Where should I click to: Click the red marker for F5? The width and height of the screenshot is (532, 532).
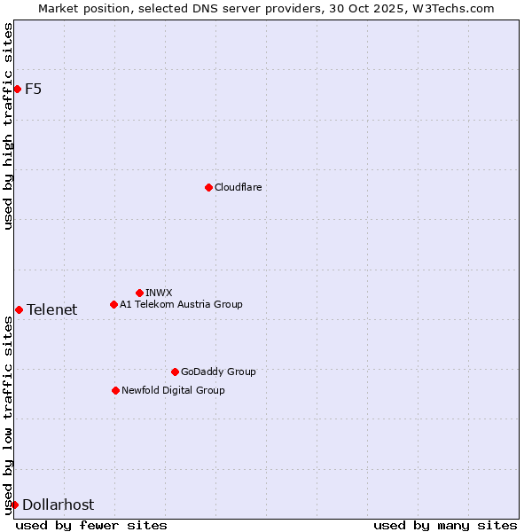pyautogui.click(x=17, y=89)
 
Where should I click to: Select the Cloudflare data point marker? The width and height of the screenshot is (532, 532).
pyautogui.click(x=208, y=187)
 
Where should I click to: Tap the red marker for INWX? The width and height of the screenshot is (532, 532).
pyautogui.click(x=139, y=293)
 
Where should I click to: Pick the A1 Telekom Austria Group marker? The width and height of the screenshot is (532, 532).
pyautogui.click(x=113, y=304)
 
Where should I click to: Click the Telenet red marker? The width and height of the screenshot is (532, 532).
pyautogui.click(x=19, y=309)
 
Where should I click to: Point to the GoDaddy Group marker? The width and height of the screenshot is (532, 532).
pyautogui.click(x=175, y=372)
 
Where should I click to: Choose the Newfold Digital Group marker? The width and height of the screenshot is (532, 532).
pyautogui.click(x=115, y=390)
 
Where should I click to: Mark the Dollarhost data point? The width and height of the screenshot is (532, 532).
pyautogui.click(x=14, y=505)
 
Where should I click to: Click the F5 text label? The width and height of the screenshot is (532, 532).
pyautogui.click(x=33, y=89)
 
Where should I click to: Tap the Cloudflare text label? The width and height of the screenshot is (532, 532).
pyautogui.click(x=238, y=187)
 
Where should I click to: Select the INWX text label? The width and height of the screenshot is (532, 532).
pyautogui.click(x=159, y=293)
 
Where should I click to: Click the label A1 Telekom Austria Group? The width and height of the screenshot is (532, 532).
pyautogui.click(x=181, y=304)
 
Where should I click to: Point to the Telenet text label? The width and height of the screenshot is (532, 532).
pyautogui.click(x=51, y=309)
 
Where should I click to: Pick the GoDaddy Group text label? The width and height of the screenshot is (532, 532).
pyautogui.click(x=218, y=372)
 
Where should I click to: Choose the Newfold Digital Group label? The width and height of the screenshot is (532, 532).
pyautogui.click(x=173, y=390)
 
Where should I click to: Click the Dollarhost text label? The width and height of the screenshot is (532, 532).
pyautogui.click(x=58, y=505)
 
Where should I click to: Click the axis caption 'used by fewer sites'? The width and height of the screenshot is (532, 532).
pyautogui.click(x=91, y=525)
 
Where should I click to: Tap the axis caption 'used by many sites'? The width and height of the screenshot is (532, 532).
pyautogui.click(x=445, y=525)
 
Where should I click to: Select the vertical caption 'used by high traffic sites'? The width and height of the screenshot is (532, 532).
pyautogui.click(x=8, y=126)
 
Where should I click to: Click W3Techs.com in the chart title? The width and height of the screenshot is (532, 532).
pyautogui.click(x=451, y=8)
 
